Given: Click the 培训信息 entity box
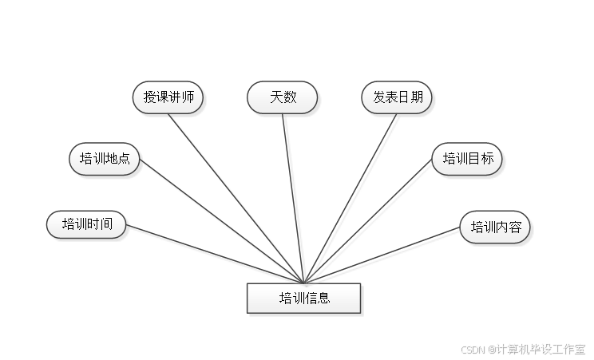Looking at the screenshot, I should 304,299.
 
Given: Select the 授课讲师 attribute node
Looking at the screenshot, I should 168,97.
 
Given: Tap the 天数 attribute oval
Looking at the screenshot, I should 283,97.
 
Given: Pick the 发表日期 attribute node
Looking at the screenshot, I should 398,97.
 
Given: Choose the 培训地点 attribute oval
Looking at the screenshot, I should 105,159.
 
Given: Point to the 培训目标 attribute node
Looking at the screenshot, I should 468,159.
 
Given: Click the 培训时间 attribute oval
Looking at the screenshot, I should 85,224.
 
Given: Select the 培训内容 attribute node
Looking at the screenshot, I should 495,227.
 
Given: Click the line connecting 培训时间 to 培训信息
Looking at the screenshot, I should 216,255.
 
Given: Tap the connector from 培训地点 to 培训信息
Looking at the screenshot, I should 224,220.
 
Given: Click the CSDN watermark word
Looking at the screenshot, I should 473,349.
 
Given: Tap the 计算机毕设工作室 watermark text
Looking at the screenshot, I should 540,349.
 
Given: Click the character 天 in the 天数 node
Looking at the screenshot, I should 276,97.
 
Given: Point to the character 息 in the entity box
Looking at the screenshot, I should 324,299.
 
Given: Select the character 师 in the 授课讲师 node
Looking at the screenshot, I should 188,97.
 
